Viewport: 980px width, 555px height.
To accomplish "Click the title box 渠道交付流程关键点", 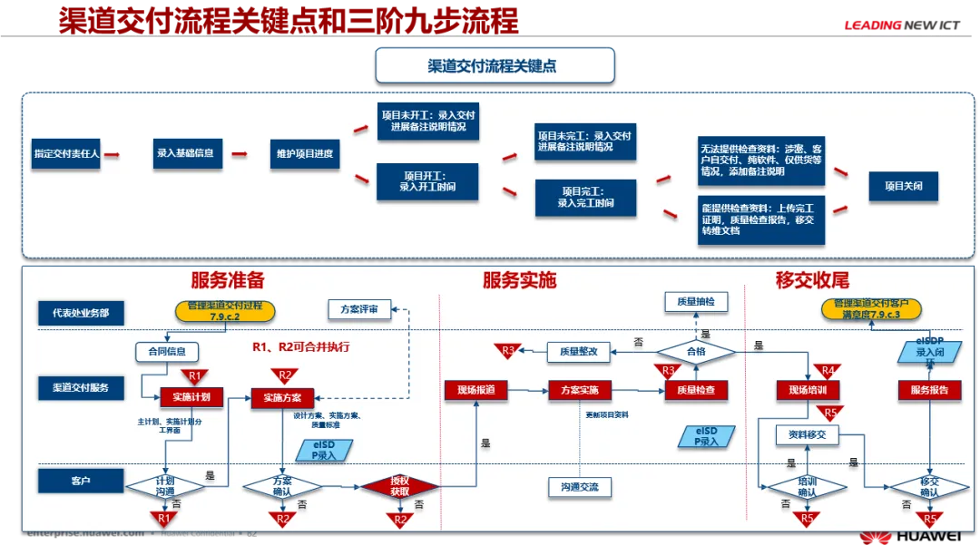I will tap(495, 66).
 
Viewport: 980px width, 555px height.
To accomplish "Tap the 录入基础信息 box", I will tap(185, 153).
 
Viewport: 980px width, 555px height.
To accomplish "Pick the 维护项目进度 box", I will tap(305, 153).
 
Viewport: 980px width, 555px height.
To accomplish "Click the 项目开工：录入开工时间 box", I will tap(427, 180).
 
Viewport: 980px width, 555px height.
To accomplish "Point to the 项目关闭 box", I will tap(903, 187).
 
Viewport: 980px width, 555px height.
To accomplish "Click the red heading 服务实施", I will tap(519, 280).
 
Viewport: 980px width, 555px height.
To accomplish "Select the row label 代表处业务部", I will tap(81, 313).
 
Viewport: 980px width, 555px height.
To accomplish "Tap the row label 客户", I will tap(81, 477).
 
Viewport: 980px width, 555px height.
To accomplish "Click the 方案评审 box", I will tap(359, 309).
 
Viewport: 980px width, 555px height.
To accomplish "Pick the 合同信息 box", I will tap(166, 352).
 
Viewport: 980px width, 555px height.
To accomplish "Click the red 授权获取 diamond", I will tap(399, 486).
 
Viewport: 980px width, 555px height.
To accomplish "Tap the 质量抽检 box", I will tap(695, 301).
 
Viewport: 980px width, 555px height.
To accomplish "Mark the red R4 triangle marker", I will tap(828, 371).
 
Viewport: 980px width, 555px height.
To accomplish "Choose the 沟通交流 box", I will tap(579, 487).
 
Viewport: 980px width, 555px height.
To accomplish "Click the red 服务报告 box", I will tap(929, 390).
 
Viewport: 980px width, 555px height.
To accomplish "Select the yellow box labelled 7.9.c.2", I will tap(224, 310).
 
